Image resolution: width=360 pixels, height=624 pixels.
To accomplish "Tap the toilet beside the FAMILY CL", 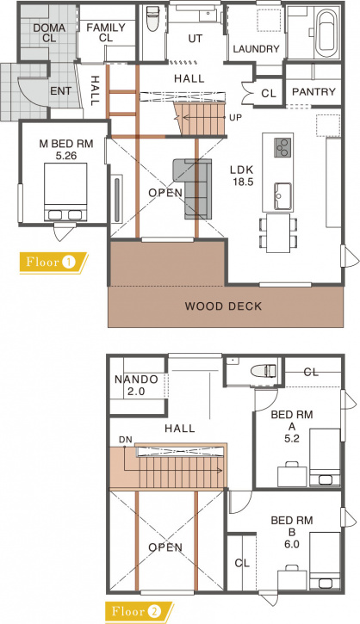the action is tap(152, 19).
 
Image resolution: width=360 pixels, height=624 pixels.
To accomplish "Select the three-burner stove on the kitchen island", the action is tap(282, 147).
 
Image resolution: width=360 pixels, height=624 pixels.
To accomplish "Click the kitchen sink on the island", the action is tap(282, 196).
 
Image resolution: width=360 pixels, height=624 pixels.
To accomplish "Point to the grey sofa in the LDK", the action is tap(192, 188).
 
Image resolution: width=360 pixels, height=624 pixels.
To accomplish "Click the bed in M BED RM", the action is tap(65, 192).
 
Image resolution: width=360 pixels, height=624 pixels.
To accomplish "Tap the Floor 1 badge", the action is tap(53, 263).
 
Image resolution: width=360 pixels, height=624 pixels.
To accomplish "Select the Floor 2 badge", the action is tap(140, 612).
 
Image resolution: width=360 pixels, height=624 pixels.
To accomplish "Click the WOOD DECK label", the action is tap(223, 306).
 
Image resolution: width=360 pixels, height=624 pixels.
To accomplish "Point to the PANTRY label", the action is tap(313, 91).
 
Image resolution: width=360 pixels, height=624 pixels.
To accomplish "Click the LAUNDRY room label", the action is tap(256, 49).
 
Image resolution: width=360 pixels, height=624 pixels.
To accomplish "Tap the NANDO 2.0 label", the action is tap(136, 386).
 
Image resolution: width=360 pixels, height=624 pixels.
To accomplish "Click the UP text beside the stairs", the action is tap(235, 117).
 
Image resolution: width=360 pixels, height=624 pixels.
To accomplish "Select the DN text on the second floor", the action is tap(125, 440).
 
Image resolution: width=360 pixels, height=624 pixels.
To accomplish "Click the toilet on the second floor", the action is tap(264, 371).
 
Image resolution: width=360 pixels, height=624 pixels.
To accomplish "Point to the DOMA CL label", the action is tap(49, 33).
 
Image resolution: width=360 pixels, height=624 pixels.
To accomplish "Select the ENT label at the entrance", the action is tap(60, 91).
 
